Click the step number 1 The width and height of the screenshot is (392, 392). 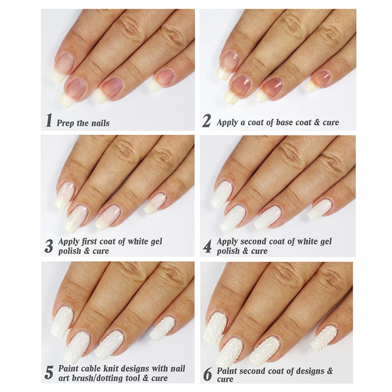click(x=49, y=121)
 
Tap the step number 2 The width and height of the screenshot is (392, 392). click(x=207, y=121)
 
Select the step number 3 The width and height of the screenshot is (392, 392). click(x=49, y=246)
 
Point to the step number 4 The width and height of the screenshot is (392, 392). click(x=207, y=246)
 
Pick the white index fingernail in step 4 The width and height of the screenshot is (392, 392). click(x=222, y=193)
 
